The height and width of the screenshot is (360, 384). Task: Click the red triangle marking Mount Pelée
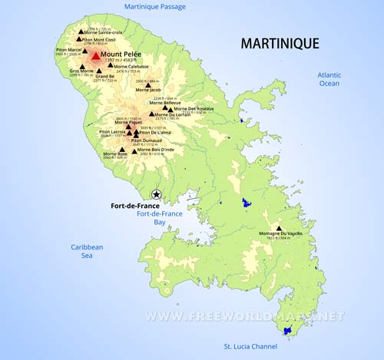tap(95, 55)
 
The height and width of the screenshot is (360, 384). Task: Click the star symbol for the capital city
tap(157, 195)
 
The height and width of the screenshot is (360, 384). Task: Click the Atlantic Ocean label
tap(329, 79)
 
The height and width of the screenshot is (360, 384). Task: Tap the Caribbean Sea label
tap(87, 252)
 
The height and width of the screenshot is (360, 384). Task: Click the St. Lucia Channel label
tap(245, 347)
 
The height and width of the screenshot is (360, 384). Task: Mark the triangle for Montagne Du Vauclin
tap(279, 228)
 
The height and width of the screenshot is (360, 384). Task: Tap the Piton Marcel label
tap(68, 50)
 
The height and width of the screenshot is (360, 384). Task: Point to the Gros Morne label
tap(81, 71)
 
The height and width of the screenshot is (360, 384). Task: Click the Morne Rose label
tap(115, 153)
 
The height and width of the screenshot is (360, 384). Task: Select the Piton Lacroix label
tap(112, 131)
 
